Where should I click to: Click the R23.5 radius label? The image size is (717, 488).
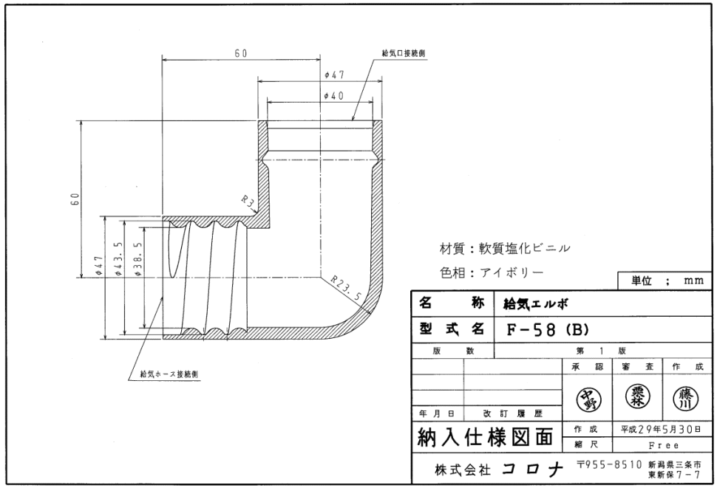point(347,287)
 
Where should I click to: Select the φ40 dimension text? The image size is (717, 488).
point(334,95)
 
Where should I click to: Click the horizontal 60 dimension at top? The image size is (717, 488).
point(241,54)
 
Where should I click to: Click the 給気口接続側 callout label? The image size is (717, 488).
point(404,53)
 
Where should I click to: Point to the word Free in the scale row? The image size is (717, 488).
point(660,446)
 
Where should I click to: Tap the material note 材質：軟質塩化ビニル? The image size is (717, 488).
point(506,248)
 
